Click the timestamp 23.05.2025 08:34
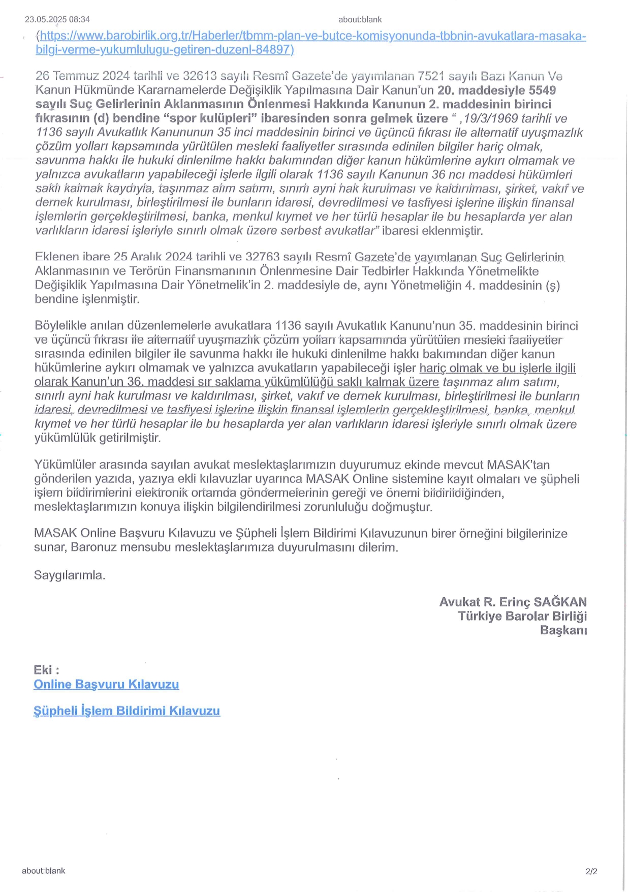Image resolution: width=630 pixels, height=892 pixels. click(57, 19)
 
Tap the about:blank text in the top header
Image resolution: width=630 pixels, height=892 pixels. click(360, 19)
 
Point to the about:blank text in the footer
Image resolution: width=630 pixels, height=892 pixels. click(43, 871)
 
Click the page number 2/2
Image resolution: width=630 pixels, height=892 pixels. click(591, 871)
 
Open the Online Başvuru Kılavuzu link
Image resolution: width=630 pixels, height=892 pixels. click(106, 684)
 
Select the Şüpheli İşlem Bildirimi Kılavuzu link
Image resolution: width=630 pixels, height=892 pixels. click(127, 711)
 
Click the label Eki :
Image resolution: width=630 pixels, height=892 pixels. click(46, 670)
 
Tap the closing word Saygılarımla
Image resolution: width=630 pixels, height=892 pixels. click(70, 575)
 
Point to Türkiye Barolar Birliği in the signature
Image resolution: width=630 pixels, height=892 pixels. click(522, 617)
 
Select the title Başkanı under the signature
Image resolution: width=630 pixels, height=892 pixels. click(563, 630)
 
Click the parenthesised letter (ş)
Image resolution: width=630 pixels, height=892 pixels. click(553, 285)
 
